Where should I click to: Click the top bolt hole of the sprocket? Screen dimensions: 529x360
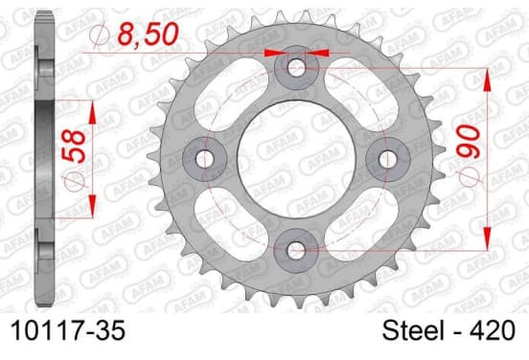tap(296, 67)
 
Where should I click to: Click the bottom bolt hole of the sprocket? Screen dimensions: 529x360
tap(296, 251)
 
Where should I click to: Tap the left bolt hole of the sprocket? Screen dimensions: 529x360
tap(204, 159)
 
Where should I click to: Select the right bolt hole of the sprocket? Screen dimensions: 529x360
tap(387, 159)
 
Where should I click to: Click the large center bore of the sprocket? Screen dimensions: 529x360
tap(296, 159)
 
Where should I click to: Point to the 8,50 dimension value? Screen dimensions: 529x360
tap(148, 34)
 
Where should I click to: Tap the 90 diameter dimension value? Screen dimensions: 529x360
tap(469, 141)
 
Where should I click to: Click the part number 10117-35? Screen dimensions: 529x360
tap(68, 330)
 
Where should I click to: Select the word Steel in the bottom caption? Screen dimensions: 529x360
tap(413, 330)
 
